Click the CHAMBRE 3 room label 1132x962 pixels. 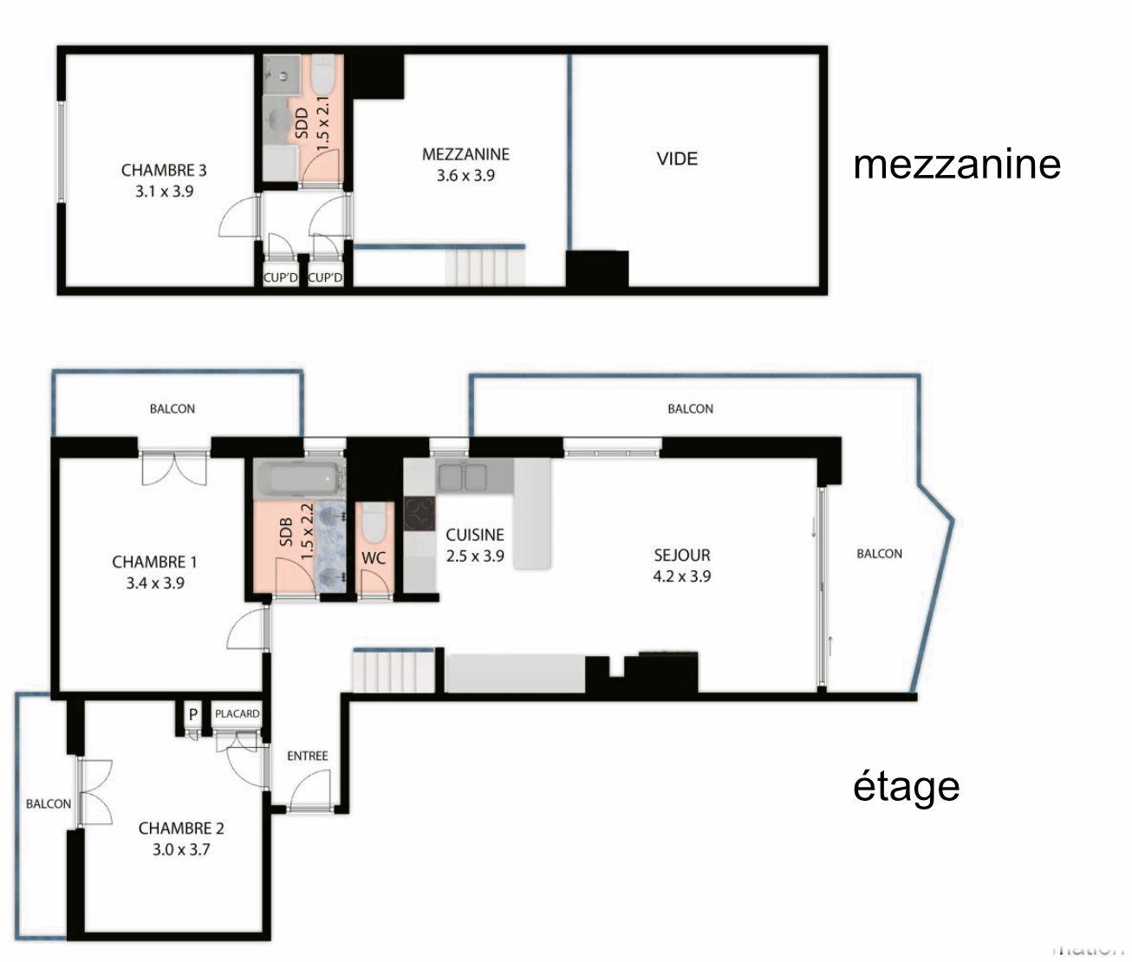point(164,171)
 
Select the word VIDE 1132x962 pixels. point(677,159)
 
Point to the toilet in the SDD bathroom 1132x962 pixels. point(323,76)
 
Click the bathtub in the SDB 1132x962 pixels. point(296,479)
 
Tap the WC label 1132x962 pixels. point(374,558)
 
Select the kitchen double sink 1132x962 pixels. point(463,478)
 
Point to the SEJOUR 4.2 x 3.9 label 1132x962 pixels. point(682,565)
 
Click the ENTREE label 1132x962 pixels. point(308,756)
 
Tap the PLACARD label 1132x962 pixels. point(237,713)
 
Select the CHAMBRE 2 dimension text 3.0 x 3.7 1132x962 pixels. point(181,849)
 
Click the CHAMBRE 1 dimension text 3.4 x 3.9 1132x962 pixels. point(155,583)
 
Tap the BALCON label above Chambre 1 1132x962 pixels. point(172,408)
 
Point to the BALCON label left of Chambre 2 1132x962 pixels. point(49,803)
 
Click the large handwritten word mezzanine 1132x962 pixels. point(957,163)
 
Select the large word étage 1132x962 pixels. point(907,785)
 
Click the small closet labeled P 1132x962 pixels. point(193,714)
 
